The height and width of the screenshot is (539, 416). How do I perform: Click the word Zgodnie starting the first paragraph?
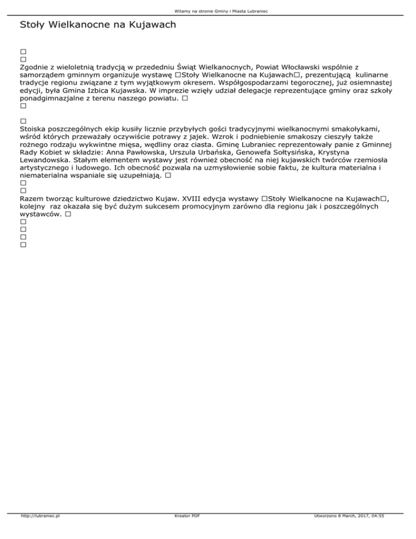[35, 66]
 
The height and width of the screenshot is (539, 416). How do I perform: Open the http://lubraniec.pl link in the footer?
[40, 531]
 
